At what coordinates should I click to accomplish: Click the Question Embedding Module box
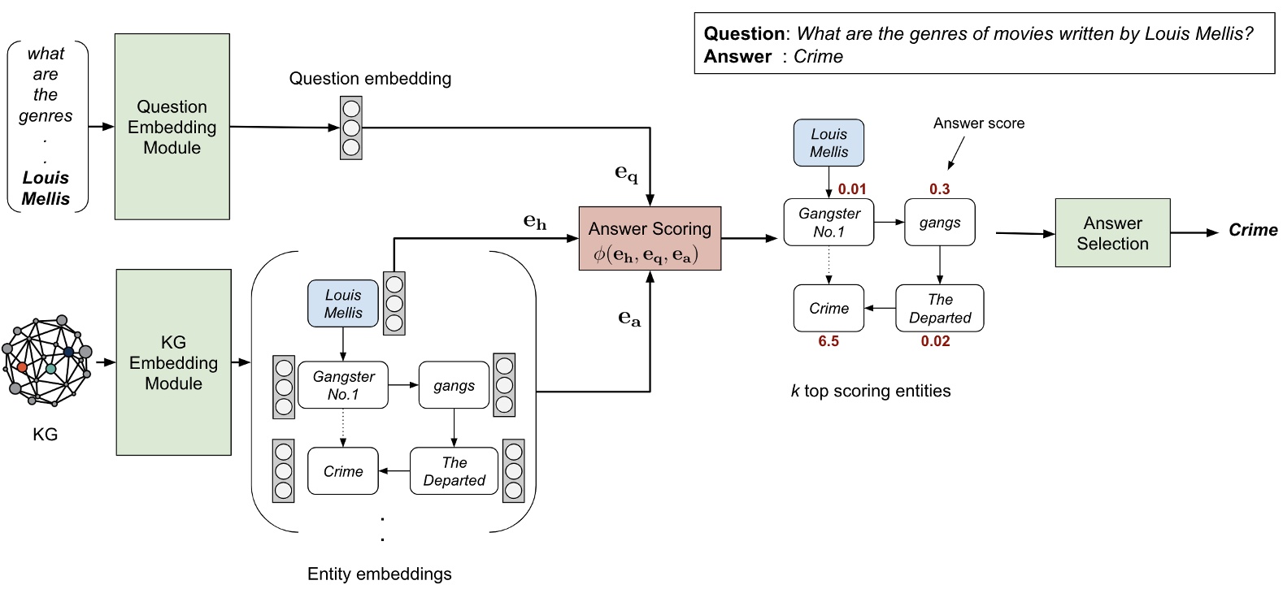(x=172, y=127)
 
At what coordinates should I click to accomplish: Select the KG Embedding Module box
(x=173, y=362)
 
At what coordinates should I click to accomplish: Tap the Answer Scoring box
(x=650, y=238)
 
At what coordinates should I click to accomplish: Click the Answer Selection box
(x=1112, y=233)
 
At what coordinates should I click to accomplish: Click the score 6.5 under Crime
(x=829, y=342)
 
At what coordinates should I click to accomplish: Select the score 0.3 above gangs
(x=939, y=189)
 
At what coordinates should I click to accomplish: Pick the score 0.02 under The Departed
(x=935, y=342)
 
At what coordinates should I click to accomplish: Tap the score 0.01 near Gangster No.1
(x=852, y=189)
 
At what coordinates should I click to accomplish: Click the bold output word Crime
(x=1253, y=231)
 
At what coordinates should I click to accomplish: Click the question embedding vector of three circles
(x=351, y=128)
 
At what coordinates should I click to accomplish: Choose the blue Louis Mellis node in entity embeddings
(x=343, y=304)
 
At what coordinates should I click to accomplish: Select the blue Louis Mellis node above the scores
(x=829, y=143)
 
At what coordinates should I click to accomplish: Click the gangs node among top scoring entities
(x=939, y=223)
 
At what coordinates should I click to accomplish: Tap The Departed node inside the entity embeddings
(x=454, y=471)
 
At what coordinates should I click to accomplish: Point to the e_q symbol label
(x=626, y=173)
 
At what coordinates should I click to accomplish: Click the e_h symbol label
(x=534, y=221)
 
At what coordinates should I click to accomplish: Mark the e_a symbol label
(x=629, y=318)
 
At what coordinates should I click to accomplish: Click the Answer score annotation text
(x=978, y=123)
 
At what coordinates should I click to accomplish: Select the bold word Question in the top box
(x=744, y=34)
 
